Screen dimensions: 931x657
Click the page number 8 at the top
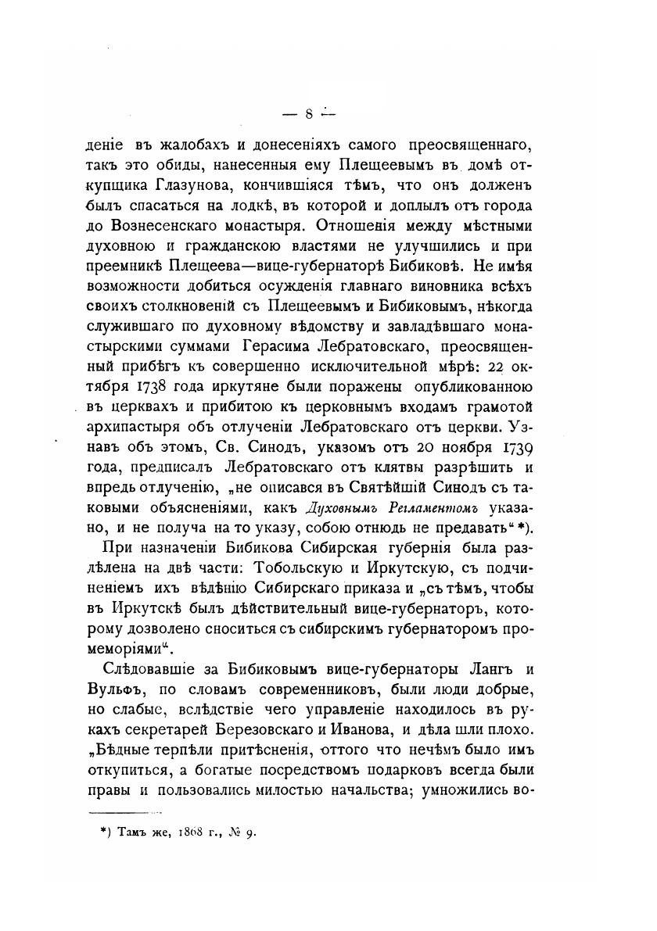309,114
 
